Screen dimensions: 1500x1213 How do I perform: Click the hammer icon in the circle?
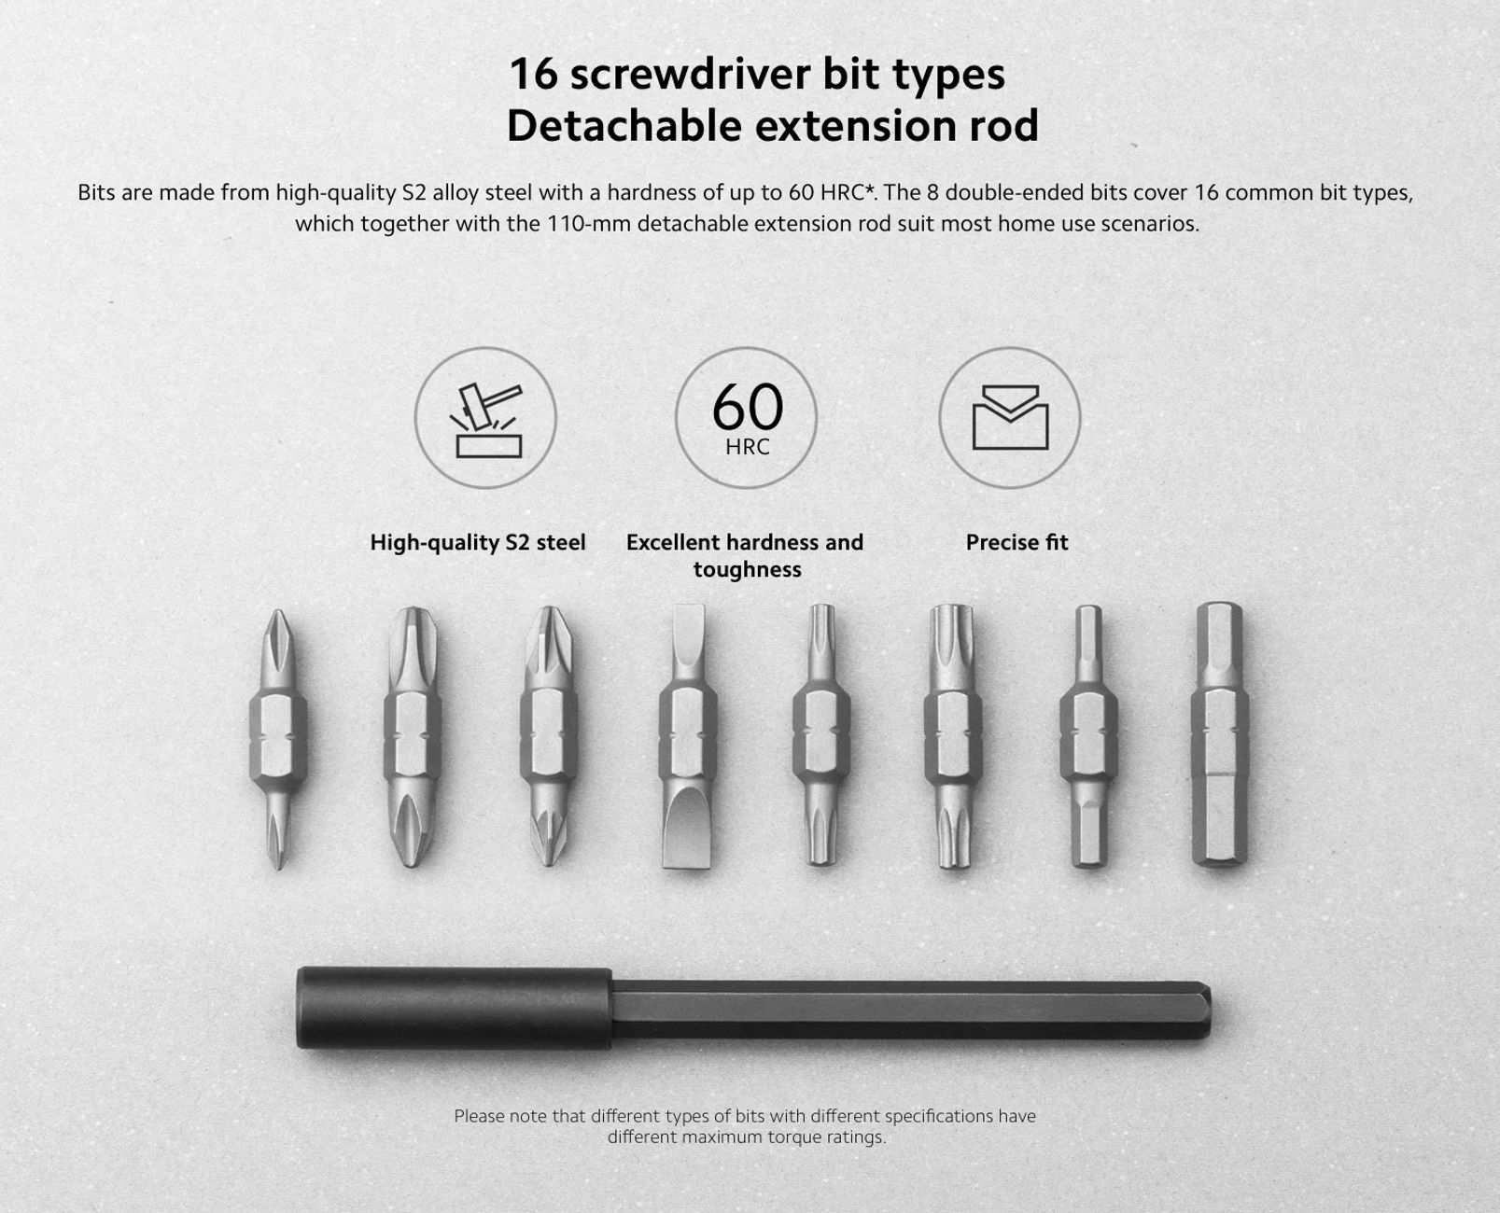pyautogui.click(x=486, y=420)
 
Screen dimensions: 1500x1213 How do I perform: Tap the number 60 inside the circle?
pyautogui.click(x=747, y=407)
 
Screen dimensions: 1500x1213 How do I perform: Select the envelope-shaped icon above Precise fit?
pyautogui.click(x=1010, y=417)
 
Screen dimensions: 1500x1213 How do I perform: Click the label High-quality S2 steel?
pyautogui.click(x=478, y=542)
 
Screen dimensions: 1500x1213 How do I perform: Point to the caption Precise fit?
pyautogui.click(x=1016, y=542)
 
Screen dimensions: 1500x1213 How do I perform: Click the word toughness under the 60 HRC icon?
pyautogui.click(x=747, y=569)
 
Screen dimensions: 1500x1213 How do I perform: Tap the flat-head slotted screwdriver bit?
pyautogui.click(x=687, y=735)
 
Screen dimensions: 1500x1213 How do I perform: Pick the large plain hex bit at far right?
pyautogui.click(x=1219, y=732)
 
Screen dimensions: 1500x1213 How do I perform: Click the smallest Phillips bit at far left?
pyautogui.click(x=278, y=739)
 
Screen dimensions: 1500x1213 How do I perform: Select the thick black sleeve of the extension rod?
pyautogui.click(x=454, y=1008)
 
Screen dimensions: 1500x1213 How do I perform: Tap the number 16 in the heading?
pyautogui.click(x=533, y=75)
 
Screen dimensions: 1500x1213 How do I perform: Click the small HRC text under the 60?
pyautogui.click(x=747, y=446)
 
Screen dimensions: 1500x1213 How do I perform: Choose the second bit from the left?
pyautogui.click(x=413, y=737)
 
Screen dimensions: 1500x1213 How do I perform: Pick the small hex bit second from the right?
pyautogui.click(x=1088, y=736)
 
